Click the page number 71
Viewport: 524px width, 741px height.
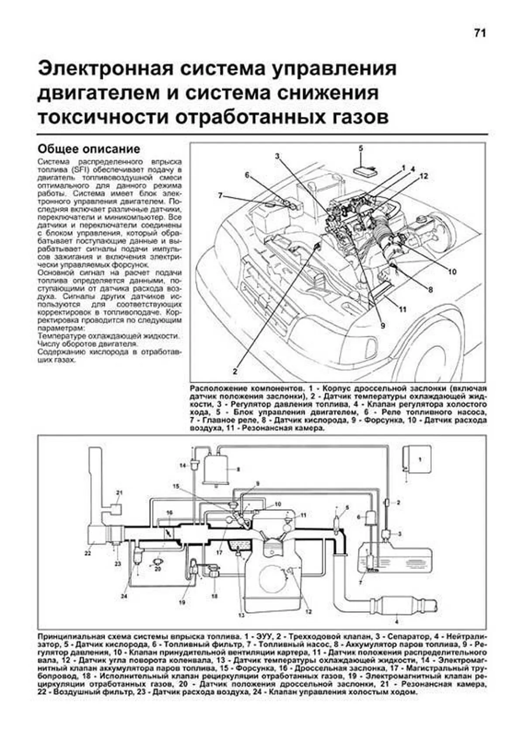coord(479,33)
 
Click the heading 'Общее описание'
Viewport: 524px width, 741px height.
coord(89,149)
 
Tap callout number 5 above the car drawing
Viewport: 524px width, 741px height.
coord(361,149)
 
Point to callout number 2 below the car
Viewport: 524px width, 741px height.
coord(235,372)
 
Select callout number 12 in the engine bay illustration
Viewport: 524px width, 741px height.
coord(424,176)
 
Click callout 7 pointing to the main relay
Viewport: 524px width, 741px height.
coord(221,196)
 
